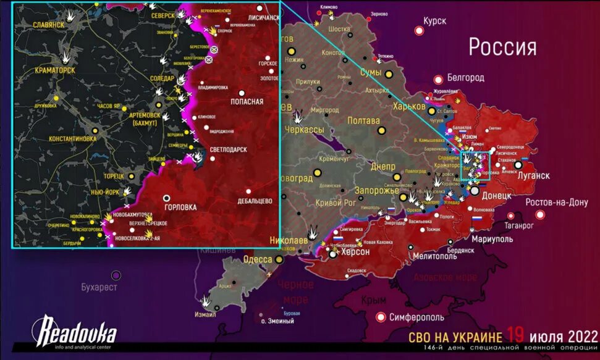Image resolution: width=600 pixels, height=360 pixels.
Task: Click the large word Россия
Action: click(502, 47)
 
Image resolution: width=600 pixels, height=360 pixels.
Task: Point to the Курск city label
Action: click(435, 21)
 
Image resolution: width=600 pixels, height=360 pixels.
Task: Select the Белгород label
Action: click(465, 78)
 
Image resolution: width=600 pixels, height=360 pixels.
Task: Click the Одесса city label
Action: click(258, 259)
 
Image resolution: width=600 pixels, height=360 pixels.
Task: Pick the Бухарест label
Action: click(98, 287)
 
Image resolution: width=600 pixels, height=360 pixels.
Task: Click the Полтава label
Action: click(363, 120)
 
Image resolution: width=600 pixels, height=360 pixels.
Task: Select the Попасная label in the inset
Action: click(247, 101)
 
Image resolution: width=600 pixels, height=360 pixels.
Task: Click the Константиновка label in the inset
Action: click(64, 139)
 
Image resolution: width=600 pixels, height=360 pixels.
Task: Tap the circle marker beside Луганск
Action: click(518, 165)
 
